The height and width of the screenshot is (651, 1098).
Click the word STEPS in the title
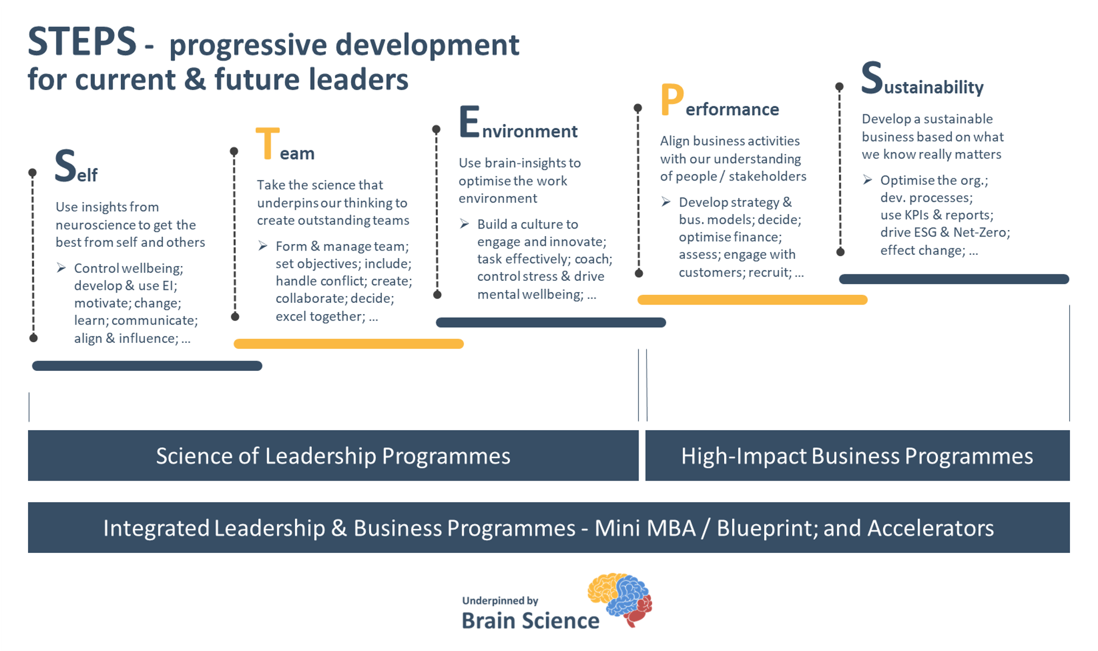82,42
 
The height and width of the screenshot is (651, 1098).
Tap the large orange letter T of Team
267,143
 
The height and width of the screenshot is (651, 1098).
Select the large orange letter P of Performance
672,100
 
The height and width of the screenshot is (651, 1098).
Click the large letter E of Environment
469,122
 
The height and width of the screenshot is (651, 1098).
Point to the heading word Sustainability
922,79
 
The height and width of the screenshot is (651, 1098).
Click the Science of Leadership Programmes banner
333,455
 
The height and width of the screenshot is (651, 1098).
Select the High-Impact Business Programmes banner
857,455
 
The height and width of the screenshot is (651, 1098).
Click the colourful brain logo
620,599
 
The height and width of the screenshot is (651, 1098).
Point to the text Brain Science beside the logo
531,621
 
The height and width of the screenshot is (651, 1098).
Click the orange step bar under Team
348,344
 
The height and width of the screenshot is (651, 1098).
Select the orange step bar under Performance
752,300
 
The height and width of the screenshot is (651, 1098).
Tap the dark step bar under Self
147,366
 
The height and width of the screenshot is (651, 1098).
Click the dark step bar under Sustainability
954,279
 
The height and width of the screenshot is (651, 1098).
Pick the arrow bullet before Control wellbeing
61,268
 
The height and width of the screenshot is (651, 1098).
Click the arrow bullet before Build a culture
464,224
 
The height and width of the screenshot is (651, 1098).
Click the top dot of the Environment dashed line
436,129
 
